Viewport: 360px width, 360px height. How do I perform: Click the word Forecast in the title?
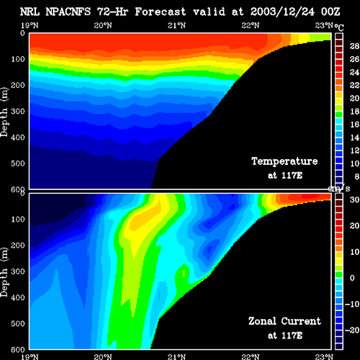[x=161, y=12]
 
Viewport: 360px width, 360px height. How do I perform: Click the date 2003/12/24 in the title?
[x=282, y=12]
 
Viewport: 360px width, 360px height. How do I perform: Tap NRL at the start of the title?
[x=30, y=12]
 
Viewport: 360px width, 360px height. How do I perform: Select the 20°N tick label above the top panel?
[x=103, y=25]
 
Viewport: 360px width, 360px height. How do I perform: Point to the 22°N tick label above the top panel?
[x=251, y=25]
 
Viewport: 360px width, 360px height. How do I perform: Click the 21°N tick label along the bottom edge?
[x=176, y=357]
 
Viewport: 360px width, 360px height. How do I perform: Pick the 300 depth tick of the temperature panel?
[x=18, y=112]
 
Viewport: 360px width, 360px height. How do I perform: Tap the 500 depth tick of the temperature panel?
[x=18, y=163]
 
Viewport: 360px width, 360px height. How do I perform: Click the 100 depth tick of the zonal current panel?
[x=18, y=219]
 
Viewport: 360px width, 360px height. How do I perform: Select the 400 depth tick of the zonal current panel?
[x=18, y=297]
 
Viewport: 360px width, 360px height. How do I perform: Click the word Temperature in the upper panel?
[x=284, y=161]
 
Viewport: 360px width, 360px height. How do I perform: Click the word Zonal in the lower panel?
[x=262, y=321]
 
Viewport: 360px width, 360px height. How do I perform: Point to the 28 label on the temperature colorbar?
[x=354, y=46]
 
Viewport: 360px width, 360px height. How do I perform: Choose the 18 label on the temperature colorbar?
[x=354, y=112]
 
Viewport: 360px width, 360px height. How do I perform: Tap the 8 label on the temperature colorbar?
[x=357, y=176]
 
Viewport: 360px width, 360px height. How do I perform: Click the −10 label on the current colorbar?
[x=352, y=304]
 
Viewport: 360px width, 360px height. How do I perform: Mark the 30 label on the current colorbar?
[x=354, y=199]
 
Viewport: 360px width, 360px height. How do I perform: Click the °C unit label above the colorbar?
[x=339, y=27]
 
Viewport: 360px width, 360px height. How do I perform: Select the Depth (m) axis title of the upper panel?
[x=4, y=112]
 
